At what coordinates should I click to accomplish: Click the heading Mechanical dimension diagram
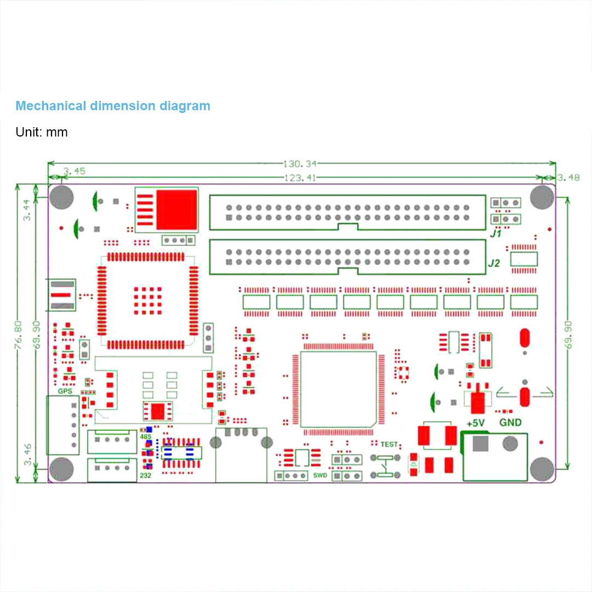pyautogui.click(x=112, y=106)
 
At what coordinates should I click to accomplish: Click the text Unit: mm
pyautogui.click(x=42, y=132)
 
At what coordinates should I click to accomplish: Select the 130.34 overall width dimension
pyautogui.click(x=300, y=163)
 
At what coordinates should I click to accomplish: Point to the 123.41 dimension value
pyautogui.click(x=300, y=178)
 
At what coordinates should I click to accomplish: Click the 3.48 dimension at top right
pyautogui.click(x=568, y=178)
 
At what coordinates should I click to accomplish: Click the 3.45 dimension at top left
pyautogui.click(x=74, y=171)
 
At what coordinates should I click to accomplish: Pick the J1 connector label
pyautogui.click(x=496, y=234)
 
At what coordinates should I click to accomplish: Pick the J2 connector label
pyautogui.click(x=494, y=263)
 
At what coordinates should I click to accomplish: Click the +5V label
pyautogui.click(x=475, y=423)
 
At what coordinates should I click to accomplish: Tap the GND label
pyautogui.click(x=510, y=423)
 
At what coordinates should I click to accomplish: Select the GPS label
pyautogui.click(x=65, y=391)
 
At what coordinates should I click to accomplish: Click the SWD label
pyautogui.click(x=320, y=475)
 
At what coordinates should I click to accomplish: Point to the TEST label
pyautogui.click(x=389, y=444)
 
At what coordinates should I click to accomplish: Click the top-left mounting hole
pyautogui.click(x=61, y=198)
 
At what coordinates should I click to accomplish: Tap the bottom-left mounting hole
pyautogui.click(x=61, y=469)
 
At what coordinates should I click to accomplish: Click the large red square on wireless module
pyautogui.click(x=177, y=210)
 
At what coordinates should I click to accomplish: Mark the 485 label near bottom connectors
pyautogui.click(x=145, y=437)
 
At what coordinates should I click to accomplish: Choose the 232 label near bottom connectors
pyautogui.click(x=146, y=475)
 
